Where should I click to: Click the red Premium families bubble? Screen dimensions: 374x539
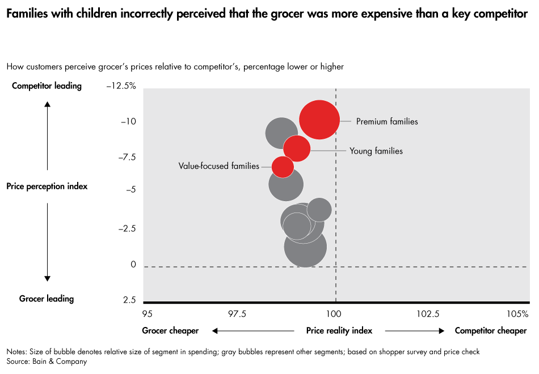click(319, 120)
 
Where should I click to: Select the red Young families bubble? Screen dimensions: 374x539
click(297, 149)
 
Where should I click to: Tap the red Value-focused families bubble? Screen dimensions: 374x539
click(283, 167)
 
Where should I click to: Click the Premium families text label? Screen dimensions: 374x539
click(387, 121)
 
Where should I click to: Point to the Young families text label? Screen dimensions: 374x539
click(376, 151)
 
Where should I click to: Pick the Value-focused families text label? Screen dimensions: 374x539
click(218, 166)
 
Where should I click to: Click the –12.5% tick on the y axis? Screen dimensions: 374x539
click(121, 86)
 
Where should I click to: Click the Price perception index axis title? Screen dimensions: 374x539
click(47, 186)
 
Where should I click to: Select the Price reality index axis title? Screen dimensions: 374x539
click(339, 330)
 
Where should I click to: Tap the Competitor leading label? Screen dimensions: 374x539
click(47, 86)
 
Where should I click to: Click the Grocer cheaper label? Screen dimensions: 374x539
click(170, 330)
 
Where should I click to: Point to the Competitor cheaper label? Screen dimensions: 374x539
click(491, 330)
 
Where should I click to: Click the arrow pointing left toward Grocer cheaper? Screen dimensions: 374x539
click(252, 330)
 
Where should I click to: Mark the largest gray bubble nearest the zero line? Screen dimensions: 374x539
click(305, 246)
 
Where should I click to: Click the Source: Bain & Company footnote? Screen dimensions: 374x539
click(47, 361)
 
